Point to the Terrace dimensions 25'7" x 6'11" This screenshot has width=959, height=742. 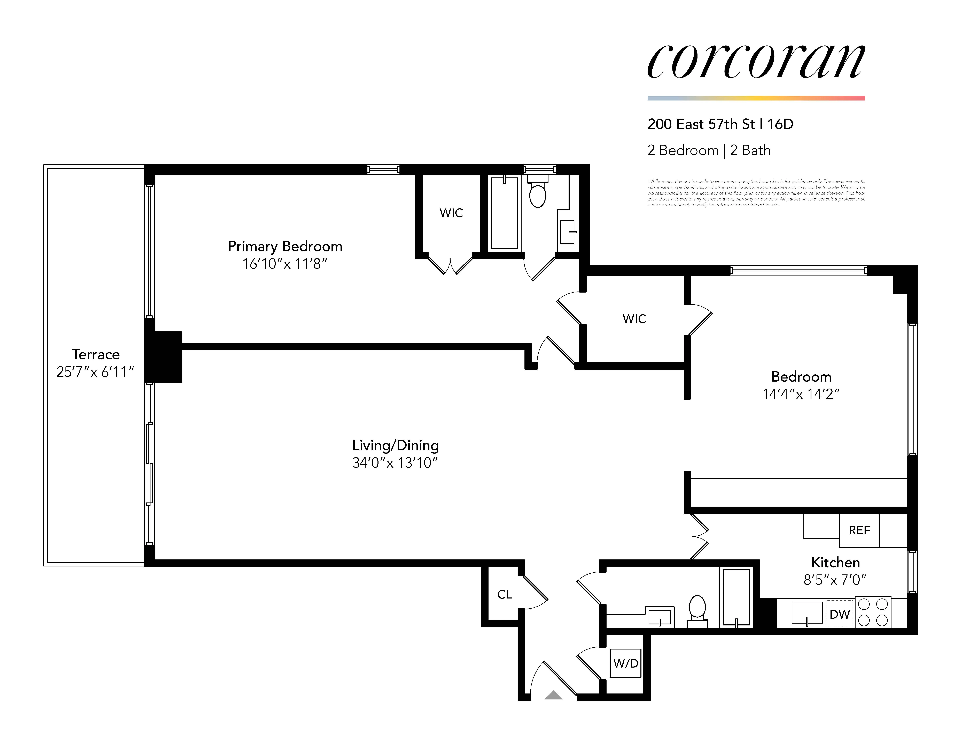pyautogui.click(x=95, y=372)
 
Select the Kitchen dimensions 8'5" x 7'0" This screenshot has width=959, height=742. pyautogui.click(x=835, y=580)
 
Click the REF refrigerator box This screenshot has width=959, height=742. pyautogui.click(x=859, y=530)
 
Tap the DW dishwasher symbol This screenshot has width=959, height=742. pyautogui.click(x=840, y=614)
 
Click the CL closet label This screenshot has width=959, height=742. pyautogui.click(x=505, y=594)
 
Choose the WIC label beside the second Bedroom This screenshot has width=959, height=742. pyautogui.click(x=634, y=319)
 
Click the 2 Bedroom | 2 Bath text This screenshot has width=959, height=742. pyautogui.click(x=709, y=150)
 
